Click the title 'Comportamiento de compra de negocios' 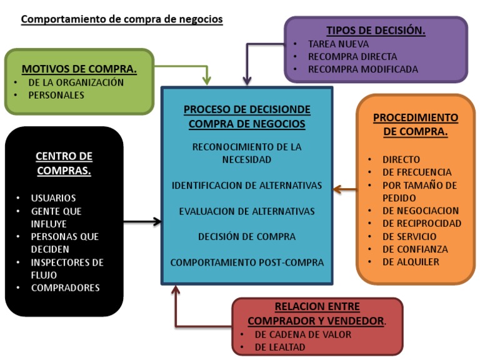(122, 19)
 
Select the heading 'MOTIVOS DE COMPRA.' (79, 69)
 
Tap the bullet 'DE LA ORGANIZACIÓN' (76, 82)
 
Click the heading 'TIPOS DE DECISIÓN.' (376, 31)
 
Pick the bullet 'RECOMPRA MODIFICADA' (362, 69)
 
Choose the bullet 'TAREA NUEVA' (338, 44)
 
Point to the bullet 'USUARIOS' (53, 198)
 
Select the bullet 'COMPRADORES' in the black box (65, 288)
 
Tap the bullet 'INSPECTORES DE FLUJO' (67, 268)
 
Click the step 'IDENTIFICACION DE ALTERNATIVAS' (247, 186)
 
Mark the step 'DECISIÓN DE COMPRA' (247, 237)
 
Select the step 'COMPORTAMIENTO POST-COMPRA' (247, 262)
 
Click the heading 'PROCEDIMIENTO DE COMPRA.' (415, 124)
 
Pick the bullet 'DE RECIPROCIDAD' (422, 223)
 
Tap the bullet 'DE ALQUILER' (411, 262)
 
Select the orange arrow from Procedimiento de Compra (344, 187)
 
